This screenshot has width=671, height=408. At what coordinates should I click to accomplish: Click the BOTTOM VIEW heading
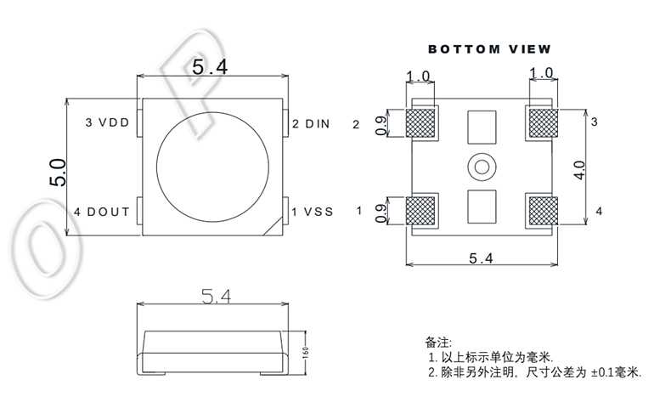[488, 49]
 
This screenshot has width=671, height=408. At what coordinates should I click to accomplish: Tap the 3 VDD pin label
[107, 123]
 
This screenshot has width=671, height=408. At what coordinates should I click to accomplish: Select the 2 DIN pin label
[311, 123]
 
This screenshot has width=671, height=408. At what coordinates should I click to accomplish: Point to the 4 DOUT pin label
[101, 211]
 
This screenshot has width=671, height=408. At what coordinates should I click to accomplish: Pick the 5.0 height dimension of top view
[57, 170]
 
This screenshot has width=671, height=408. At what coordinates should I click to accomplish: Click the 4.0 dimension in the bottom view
[579, 167]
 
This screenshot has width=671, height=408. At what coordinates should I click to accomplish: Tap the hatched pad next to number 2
[422, 123]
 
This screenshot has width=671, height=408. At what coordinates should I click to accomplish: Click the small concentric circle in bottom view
[482, 166]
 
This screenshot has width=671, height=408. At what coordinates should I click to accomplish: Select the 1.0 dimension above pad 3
[541, 75]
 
